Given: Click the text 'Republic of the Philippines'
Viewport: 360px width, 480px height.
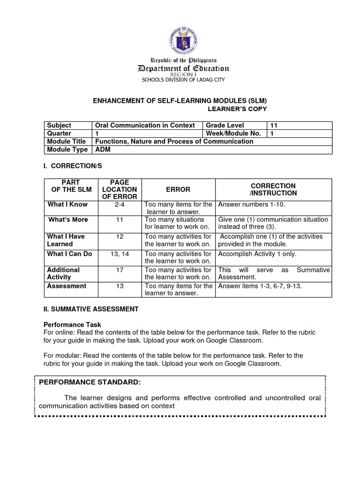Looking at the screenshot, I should pos(183,60).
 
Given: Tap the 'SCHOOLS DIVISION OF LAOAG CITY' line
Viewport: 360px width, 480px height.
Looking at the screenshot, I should pos(183,80).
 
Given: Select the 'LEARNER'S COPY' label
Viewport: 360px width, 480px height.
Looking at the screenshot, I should pos(237,109).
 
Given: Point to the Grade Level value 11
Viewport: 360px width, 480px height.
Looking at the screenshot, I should pos(274,125).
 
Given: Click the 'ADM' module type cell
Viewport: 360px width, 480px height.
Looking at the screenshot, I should pos(103,150).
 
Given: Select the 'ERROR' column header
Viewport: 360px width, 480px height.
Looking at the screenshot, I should pos(179,189).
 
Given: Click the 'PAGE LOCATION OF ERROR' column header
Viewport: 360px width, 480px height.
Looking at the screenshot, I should pos(119,189).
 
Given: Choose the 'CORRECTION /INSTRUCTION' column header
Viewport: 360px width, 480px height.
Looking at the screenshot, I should pos(273,189).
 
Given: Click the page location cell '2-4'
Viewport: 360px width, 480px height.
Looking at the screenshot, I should pos(119,205).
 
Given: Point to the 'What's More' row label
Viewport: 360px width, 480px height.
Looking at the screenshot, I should pos(68,219).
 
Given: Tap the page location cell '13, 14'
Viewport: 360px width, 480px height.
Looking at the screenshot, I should pos(119,254).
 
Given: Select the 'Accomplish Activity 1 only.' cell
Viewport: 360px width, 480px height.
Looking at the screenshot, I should pos(257,254).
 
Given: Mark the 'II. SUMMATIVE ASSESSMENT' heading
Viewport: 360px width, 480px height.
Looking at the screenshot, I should pos(91,309).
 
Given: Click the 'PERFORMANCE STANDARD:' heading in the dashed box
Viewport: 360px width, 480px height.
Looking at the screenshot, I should pos(90,382).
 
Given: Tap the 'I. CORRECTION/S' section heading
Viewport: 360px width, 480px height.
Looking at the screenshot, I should pos(73,166).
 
